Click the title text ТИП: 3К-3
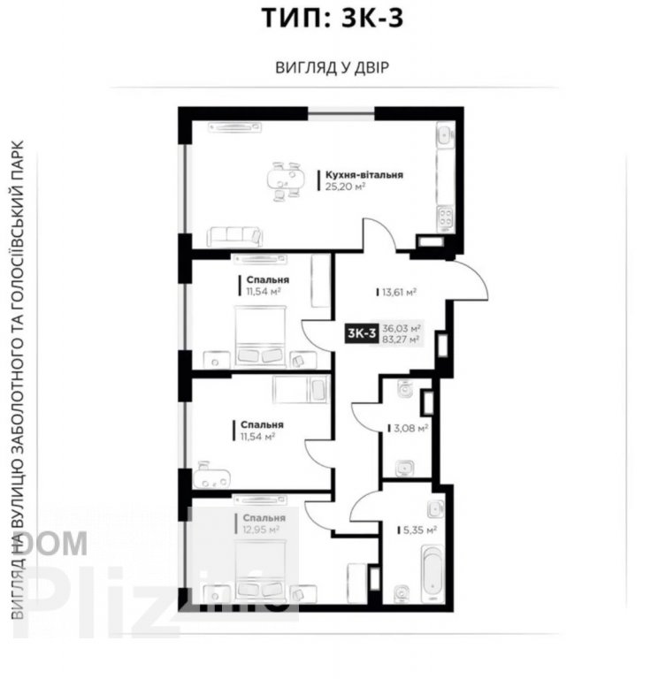click(333, 18)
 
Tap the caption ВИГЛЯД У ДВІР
click(333, 67)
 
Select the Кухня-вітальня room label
click(364, 175)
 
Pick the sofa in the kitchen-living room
click(234, 235)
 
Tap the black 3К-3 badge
click(362, 332)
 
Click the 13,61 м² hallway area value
click(400, 291)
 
